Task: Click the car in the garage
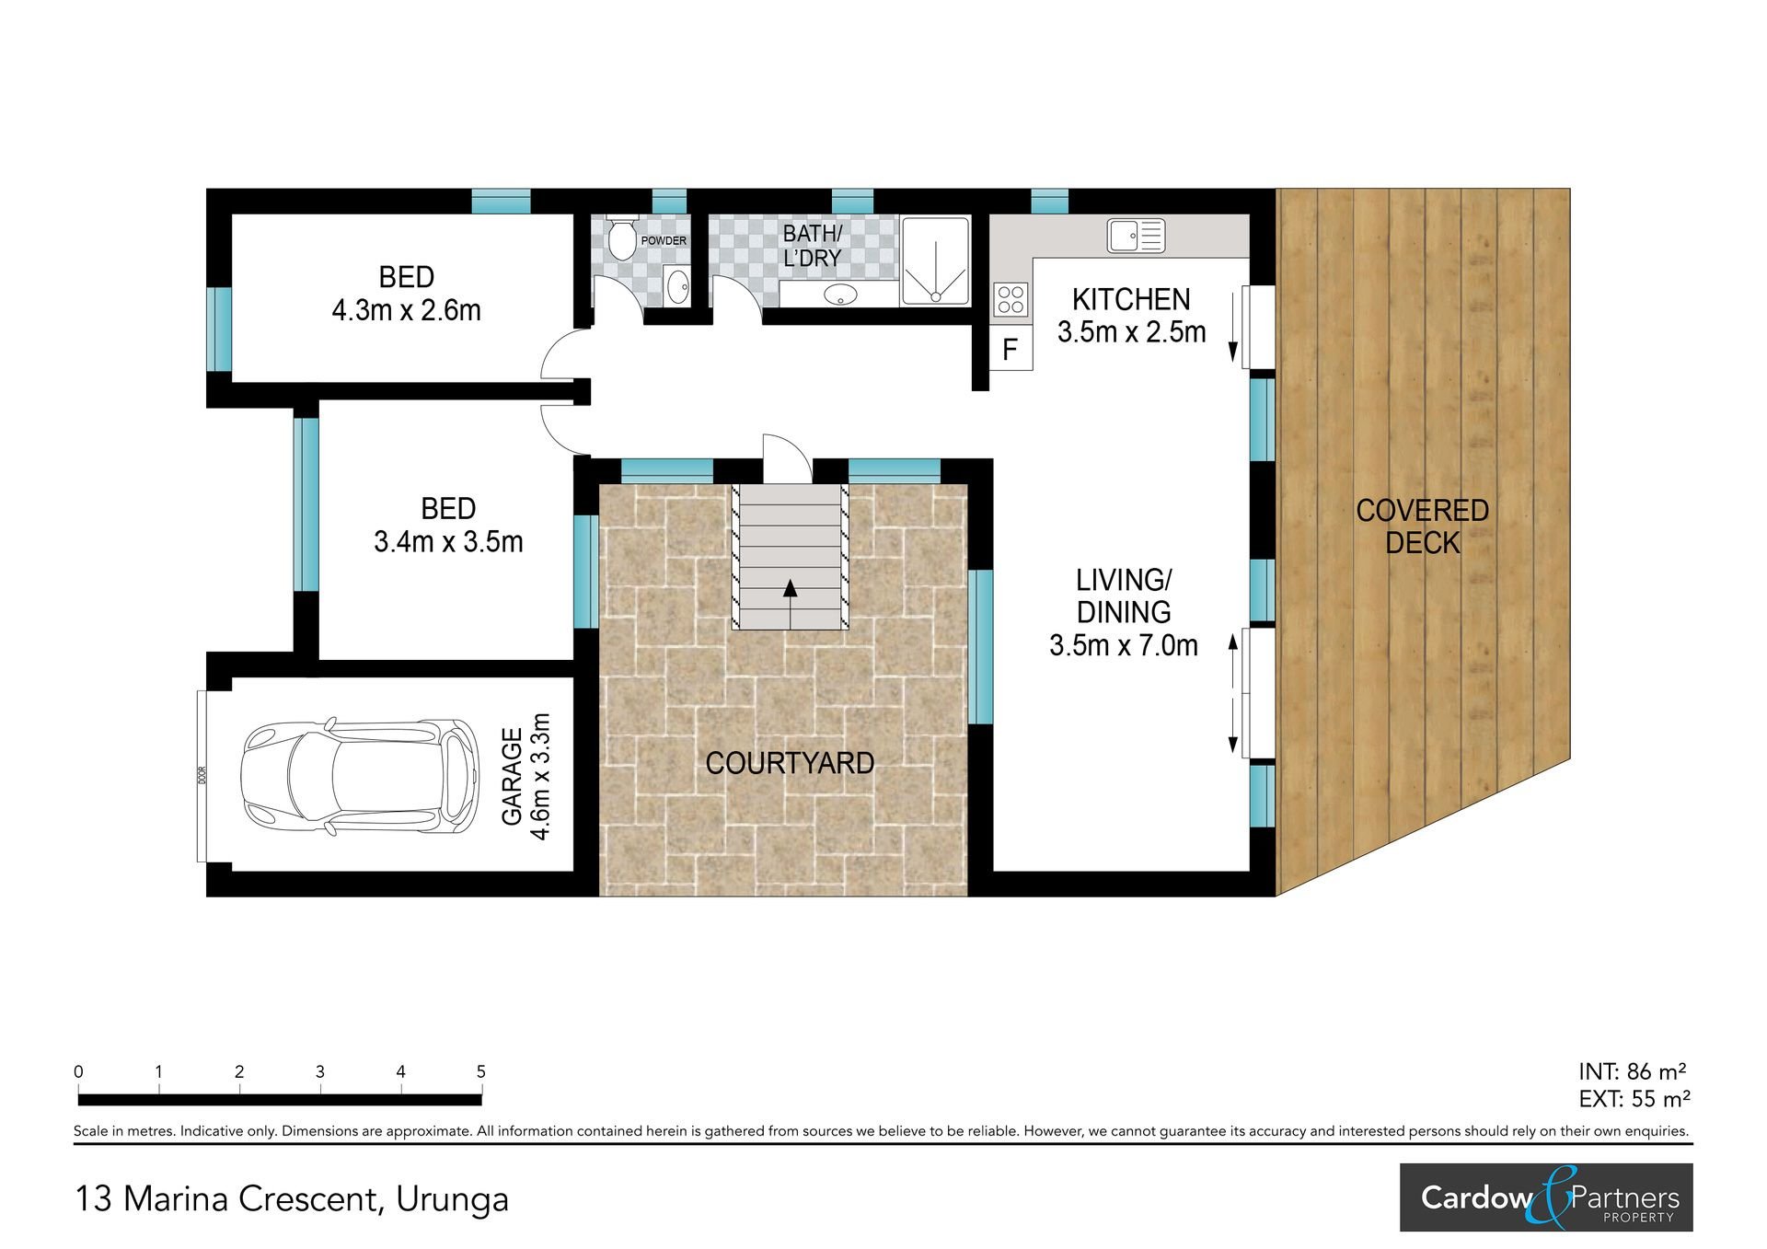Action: (360, 776)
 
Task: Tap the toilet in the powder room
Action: (623, 237)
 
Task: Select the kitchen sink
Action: (1137, 236)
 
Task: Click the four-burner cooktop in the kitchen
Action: (1011, 300)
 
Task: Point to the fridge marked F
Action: (1011, 350)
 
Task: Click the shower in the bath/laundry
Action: (935, 260)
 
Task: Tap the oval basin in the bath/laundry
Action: (840, 295)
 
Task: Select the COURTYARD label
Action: (790, 763)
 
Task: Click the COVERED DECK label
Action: (1422, 526)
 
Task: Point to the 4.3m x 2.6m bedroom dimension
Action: (406, 310)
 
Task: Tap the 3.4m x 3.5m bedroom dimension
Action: (448, 541)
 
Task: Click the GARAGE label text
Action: (512, 776)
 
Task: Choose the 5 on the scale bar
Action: (481, 1071)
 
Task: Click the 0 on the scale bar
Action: (79, 1071)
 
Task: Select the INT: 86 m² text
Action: (1633, 1071)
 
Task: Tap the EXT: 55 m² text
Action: (1634, 1098)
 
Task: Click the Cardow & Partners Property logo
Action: (1546, 1197)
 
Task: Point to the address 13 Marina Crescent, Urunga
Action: (291, 1199)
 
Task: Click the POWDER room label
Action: (664, 241)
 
